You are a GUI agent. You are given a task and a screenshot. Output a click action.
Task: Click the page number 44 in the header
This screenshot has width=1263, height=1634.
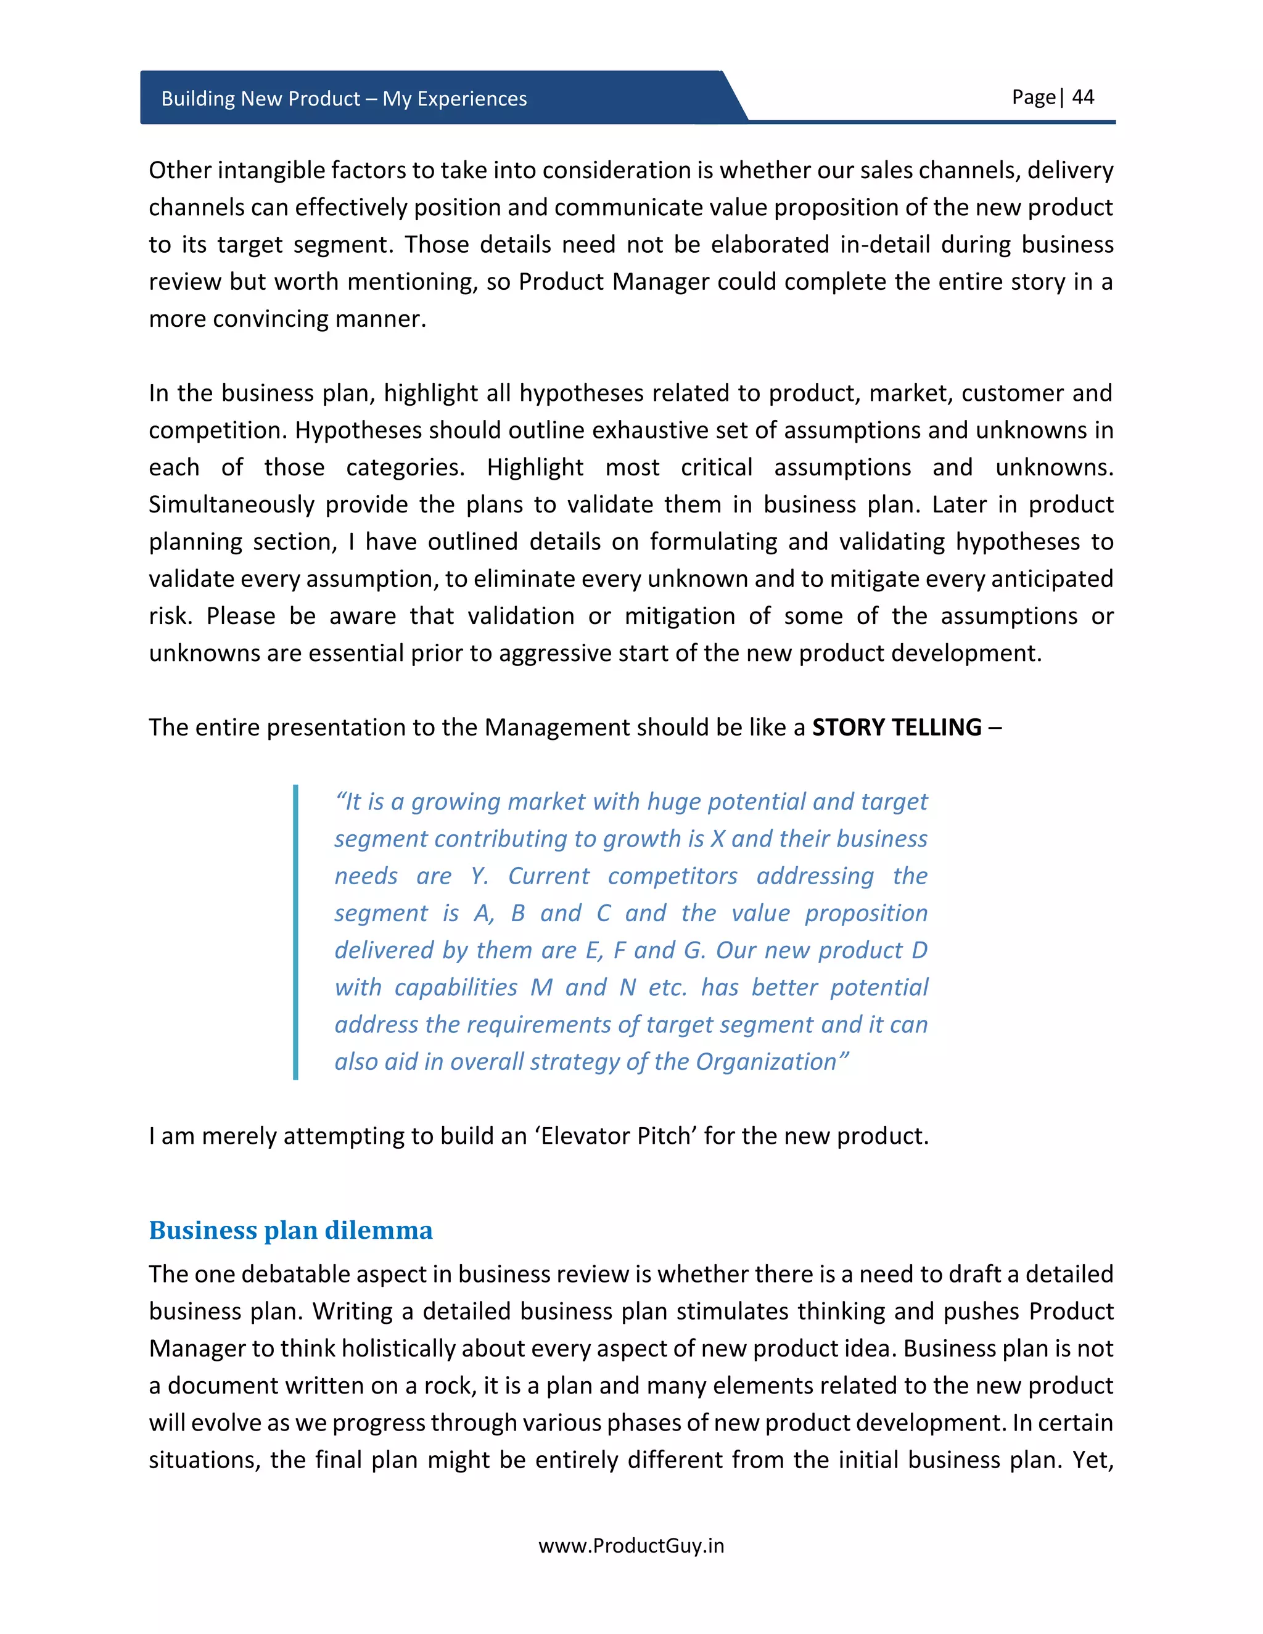click(x=1083, y=97)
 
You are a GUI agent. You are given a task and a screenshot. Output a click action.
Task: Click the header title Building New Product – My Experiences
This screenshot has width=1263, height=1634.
click(x=344, y=99)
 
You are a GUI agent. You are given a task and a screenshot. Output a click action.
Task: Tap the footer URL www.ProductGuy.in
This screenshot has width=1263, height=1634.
click(x=631, y=1546)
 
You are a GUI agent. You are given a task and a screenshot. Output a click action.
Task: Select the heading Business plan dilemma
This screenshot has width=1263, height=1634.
click(x=290, y=1230)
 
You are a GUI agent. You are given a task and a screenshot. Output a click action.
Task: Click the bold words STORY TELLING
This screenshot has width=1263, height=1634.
click(x=896, y=727)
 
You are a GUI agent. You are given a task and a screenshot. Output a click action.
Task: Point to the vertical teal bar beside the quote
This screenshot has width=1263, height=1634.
click(x=295, y=932)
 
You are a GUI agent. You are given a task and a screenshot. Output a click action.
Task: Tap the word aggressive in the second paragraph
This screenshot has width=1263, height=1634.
click(x=556, y=653)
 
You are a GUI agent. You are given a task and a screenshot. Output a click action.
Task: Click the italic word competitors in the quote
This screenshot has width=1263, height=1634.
click(x=672, y=876)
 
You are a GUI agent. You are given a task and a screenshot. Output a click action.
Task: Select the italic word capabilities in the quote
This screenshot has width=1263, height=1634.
click(x=456, y=988)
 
